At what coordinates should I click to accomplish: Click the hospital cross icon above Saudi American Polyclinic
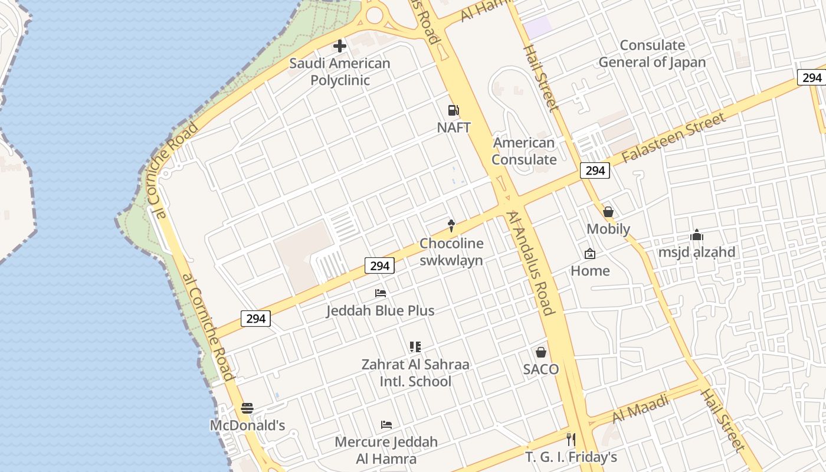point(340,45)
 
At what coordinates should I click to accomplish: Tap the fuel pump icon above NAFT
point(453,110)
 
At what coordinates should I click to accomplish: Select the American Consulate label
point(524,151)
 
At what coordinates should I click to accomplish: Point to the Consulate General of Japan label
point(652,54)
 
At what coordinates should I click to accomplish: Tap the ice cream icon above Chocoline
point(451,225)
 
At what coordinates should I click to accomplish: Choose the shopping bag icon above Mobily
point(608,211)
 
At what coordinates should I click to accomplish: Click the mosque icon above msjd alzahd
point(697,235)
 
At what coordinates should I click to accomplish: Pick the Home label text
point(590,271)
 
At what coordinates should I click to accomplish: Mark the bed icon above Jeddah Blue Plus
point(381,293)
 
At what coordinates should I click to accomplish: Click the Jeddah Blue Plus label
point(381,310)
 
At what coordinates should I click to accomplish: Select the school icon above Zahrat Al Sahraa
point(415,347)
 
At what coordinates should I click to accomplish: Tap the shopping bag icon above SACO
point(541,352)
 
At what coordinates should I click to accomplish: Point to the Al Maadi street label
point(641,408)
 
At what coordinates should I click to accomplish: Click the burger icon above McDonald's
point(247,408)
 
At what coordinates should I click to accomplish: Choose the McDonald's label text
point(248,425)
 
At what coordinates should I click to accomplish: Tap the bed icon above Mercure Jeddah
point(386,424)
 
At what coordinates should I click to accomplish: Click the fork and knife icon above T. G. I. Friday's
point(571,439)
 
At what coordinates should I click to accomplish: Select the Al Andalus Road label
point(530,264)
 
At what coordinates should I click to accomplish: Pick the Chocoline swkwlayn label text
point(451,252)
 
